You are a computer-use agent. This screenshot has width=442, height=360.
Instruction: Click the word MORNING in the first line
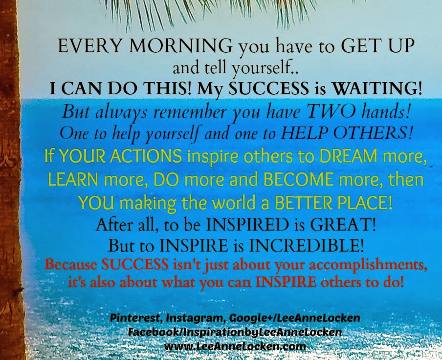(x=181, y=45)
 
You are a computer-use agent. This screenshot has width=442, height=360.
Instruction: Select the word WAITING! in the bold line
(x=377, y=88)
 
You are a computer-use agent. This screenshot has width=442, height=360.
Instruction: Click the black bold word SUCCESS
(x=268, y=88)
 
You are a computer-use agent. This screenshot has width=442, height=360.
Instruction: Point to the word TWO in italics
(x=331, y=111)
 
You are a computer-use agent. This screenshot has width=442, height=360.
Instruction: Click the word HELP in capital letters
(x=305, y=133)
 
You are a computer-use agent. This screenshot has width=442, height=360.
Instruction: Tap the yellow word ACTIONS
(x=146, y=156)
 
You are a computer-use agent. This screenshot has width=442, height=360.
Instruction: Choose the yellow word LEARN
(x=73, y=179)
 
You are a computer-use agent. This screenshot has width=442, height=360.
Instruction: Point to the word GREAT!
(x=343, y=225)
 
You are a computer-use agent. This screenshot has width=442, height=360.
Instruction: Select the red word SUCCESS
(x=135, y=264)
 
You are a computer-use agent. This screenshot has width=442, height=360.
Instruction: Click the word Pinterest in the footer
(x=135, y=318)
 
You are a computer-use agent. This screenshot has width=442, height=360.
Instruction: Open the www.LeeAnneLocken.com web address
(x=235, y=346)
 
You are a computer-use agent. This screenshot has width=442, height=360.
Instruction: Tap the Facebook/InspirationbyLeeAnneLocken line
(x=235, y=332)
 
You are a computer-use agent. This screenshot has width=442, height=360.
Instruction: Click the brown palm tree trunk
(x=10, y=180)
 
